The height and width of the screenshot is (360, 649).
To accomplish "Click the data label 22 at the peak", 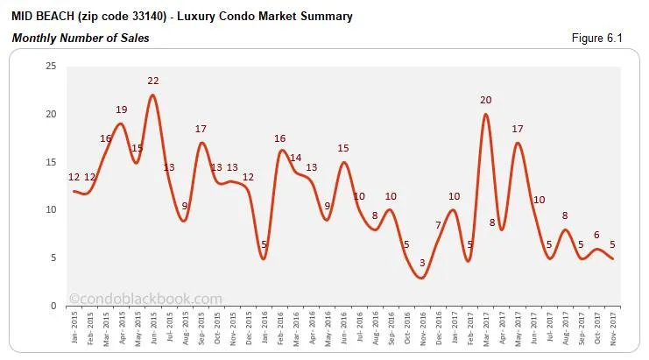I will pyautogui.click(x=152, y=81).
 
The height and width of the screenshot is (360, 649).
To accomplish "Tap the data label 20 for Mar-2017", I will pyautogui.click(x=486, y=100).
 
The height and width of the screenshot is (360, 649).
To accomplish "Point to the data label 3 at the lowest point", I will pyautogui.click(x=422, y=263).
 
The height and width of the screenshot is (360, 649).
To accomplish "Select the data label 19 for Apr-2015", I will pyautogui.click(x=122, y=109).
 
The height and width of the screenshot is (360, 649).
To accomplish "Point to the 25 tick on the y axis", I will pyautogui.click(x=50, y=67).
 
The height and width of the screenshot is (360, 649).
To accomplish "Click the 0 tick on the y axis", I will pyautogui.click(x=53, y=306).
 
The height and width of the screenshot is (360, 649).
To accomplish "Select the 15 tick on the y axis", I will pyautogui.click(x=50, y=162).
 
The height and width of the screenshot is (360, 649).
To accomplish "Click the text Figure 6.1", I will pyautogui.click(x=609, y=38).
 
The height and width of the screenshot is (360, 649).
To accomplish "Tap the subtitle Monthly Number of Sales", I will pyautogui.click(x=81, y=38).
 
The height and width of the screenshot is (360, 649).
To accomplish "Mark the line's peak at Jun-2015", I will pyautogui.click(x=153, y=95).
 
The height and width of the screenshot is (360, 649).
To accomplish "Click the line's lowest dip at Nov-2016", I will pyautogui.click(x=422, y=278).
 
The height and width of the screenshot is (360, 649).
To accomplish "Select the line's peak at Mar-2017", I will pyautogui.click(x=485, y=114).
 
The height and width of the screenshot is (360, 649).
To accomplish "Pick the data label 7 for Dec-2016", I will pyautogui.click(x=438, y=225).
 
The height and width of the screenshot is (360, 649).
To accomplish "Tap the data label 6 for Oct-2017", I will pyautogui.click(x=596, y=235).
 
